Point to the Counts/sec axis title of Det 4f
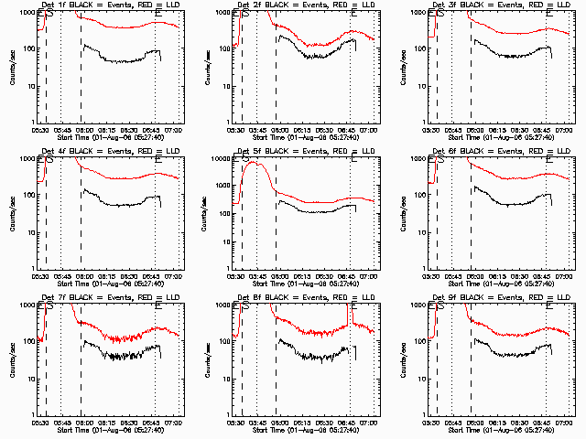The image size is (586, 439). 13,212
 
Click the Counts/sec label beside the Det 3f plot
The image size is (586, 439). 404,66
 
